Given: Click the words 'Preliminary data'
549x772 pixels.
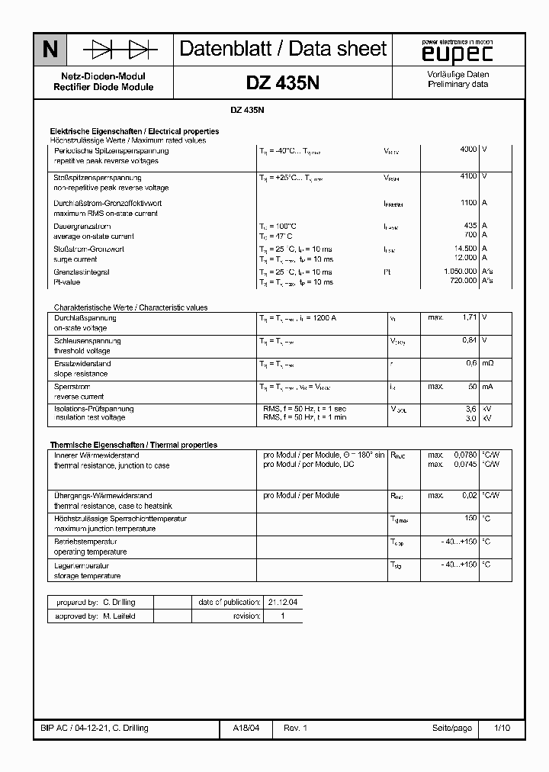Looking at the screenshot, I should pyautogui.click(x=457, y=85).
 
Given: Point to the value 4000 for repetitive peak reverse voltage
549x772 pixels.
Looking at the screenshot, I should pyautogui.click(x=468, y=150).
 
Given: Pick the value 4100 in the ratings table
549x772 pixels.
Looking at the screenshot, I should pyautogui.click(x=468, y=176).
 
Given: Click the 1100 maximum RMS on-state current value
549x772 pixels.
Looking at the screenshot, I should pyautogui.click(x=468, y=203).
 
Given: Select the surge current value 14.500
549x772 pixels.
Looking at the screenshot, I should pyautogui.click(x=464, y=249).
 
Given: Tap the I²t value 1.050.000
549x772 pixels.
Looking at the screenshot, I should pyautogui.click(x=460, y=272).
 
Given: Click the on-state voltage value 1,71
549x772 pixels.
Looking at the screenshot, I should pyautogui.click(x=469, y=317).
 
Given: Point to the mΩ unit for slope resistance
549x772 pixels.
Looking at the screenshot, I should pyautogui.click(x=488, y=363).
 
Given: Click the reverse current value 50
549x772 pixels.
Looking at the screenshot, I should pyautogui.click(x=472, y=387).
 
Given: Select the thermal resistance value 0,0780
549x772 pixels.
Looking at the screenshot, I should pyautogui.click(x=464, y=455).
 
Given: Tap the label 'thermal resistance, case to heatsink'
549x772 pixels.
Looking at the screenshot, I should pyautogui.click(x=113, y=506).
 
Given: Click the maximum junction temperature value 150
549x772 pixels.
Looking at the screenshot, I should pyautogui.click(x=470, y=519).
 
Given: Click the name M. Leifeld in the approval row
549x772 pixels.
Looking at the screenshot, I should pyautogui.click(x=119, y=616).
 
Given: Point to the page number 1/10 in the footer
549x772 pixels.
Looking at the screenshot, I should pyautogui.click(x=502, y=729).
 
